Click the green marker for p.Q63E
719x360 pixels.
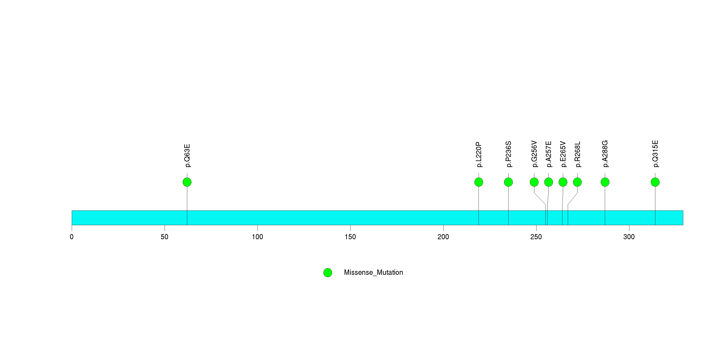pos(187,182)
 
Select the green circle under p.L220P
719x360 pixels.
pos(479,182)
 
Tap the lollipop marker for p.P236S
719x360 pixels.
pos(508,182)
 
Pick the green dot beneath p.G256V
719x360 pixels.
pos(534,182)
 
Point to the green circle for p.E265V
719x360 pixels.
pos(563,182)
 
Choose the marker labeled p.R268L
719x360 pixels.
pos(578,182)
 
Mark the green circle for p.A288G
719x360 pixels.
pos(605,182)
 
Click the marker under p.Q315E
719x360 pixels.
pos(655,182)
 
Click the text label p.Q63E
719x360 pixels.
pos(187,156)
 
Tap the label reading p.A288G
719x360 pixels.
pos(605,154)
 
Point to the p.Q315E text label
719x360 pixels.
pos(655,154)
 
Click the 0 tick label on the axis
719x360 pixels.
pos(72,237)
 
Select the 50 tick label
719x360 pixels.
pos(164,237)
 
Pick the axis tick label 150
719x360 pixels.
pos(350,237)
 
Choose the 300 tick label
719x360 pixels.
pos(629,237)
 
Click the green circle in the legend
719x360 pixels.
pos(328,273)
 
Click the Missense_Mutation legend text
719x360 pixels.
pos(374,272)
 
